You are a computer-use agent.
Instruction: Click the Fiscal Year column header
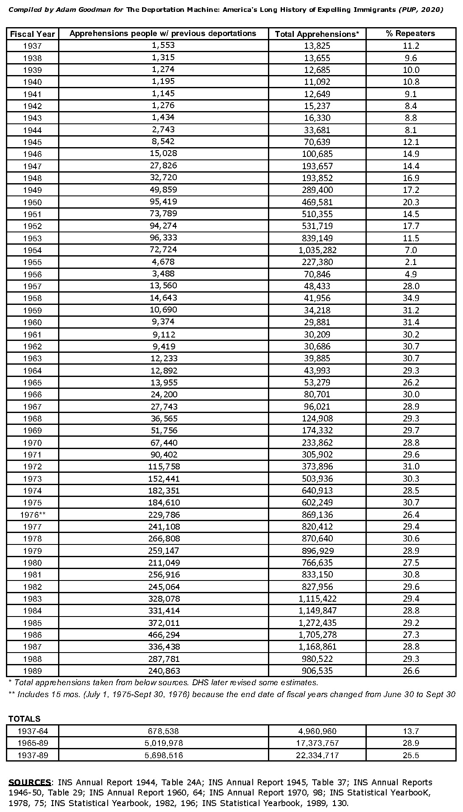(x=32, y=34)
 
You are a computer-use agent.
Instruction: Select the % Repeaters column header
(x=410, y=33)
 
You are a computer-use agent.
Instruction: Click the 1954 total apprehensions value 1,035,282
(x=318, y=250)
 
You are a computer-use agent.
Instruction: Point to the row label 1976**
(x=33, y=515)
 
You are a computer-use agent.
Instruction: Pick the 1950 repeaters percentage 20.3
(x=411, y=202)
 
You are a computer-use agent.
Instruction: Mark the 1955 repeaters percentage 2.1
(x=411, y=262)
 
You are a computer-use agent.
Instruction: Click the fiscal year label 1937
(x=33, y=46)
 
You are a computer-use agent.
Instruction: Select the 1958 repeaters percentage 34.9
(x=411, y=298)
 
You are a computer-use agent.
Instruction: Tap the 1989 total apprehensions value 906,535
(x=318, y=671)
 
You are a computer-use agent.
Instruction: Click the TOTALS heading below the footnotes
(x=25, y=719)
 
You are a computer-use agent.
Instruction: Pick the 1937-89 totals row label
(x=33, y=755)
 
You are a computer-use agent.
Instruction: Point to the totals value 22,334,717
(x=318, y=755)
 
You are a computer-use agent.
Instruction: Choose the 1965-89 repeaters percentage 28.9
(x=411, y=743)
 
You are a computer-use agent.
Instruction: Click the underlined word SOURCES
(x=30, y=782)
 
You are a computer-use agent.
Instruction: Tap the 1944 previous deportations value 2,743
(x=163, y=130)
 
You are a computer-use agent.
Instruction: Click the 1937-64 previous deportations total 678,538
(x=163, y=731)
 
